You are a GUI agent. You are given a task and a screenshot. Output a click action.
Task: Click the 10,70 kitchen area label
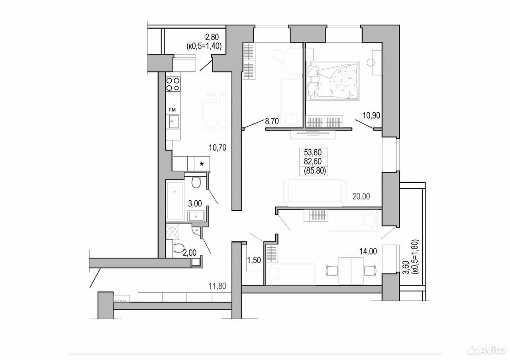[x=218, y=148]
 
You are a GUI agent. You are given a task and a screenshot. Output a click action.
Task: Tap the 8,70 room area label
[x=272, y=121]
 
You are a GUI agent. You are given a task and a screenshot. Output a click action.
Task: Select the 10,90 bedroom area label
[x=371, y=115]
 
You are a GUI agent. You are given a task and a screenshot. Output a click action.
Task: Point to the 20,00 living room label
[x=361, y=196]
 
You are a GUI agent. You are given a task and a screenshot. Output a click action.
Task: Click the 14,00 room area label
[x=368, y=251]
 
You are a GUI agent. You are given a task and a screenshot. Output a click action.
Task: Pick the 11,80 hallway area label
[x=218, y=286]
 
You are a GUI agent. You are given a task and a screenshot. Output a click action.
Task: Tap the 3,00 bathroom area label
[x=195, y=203]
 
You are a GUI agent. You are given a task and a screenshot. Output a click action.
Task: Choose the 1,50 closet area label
[x=254, y=260]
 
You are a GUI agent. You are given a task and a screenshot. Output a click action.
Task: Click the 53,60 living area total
[x=313, y=152]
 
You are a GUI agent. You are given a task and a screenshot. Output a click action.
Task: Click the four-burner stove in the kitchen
[x=173, y=84]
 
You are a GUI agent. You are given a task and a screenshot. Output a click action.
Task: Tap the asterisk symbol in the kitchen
[x=202, y=164]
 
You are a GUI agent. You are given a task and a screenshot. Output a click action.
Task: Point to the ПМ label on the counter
[x=172, y=110]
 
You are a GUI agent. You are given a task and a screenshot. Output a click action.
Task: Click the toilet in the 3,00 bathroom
[x=196, y=182]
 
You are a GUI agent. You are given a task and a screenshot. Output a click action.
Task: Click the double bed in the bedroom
[x=333, y=80]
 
